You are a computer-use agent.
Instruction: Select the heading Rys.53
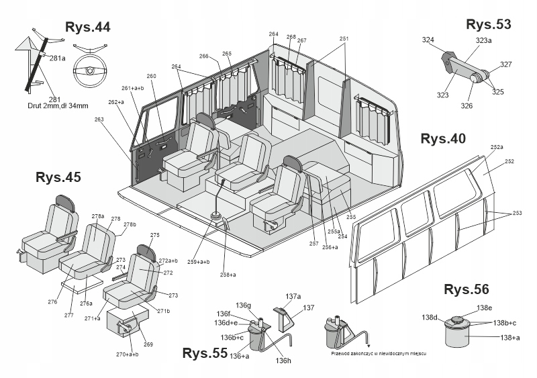[488, 24]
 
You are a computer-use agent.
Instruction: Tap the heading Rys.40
[442, 139]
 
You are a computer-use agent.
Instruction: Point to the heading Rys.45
[58, 177]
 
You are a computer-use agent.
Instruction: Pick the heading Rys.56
[467, 290]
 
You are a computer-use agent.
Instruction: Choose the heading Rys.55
[205, 353]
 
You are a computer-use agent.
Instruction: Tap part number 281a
[58, 58]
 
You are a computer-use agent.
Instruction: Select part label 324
[428, 40]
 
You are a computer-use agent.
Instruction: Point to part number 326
[467, 105]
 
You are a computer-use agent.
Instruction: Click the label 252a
[497, 146]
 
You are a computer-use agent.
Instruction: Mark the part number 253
[517, 213]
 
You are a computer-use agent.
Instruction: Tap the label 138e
[485, 308]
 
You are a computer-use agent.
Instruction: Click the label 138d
[430, 317]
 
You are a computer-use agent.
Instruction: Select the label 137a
[293, 296]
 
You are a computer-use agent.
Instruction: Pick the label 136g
[243, 305]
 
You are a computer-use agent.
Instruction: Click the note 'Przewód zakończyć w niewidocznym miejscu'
[379, 352]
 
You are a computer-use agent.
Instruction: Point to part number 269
[148, 344]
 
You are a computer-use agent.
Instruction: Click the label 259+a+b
[199, 262]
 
